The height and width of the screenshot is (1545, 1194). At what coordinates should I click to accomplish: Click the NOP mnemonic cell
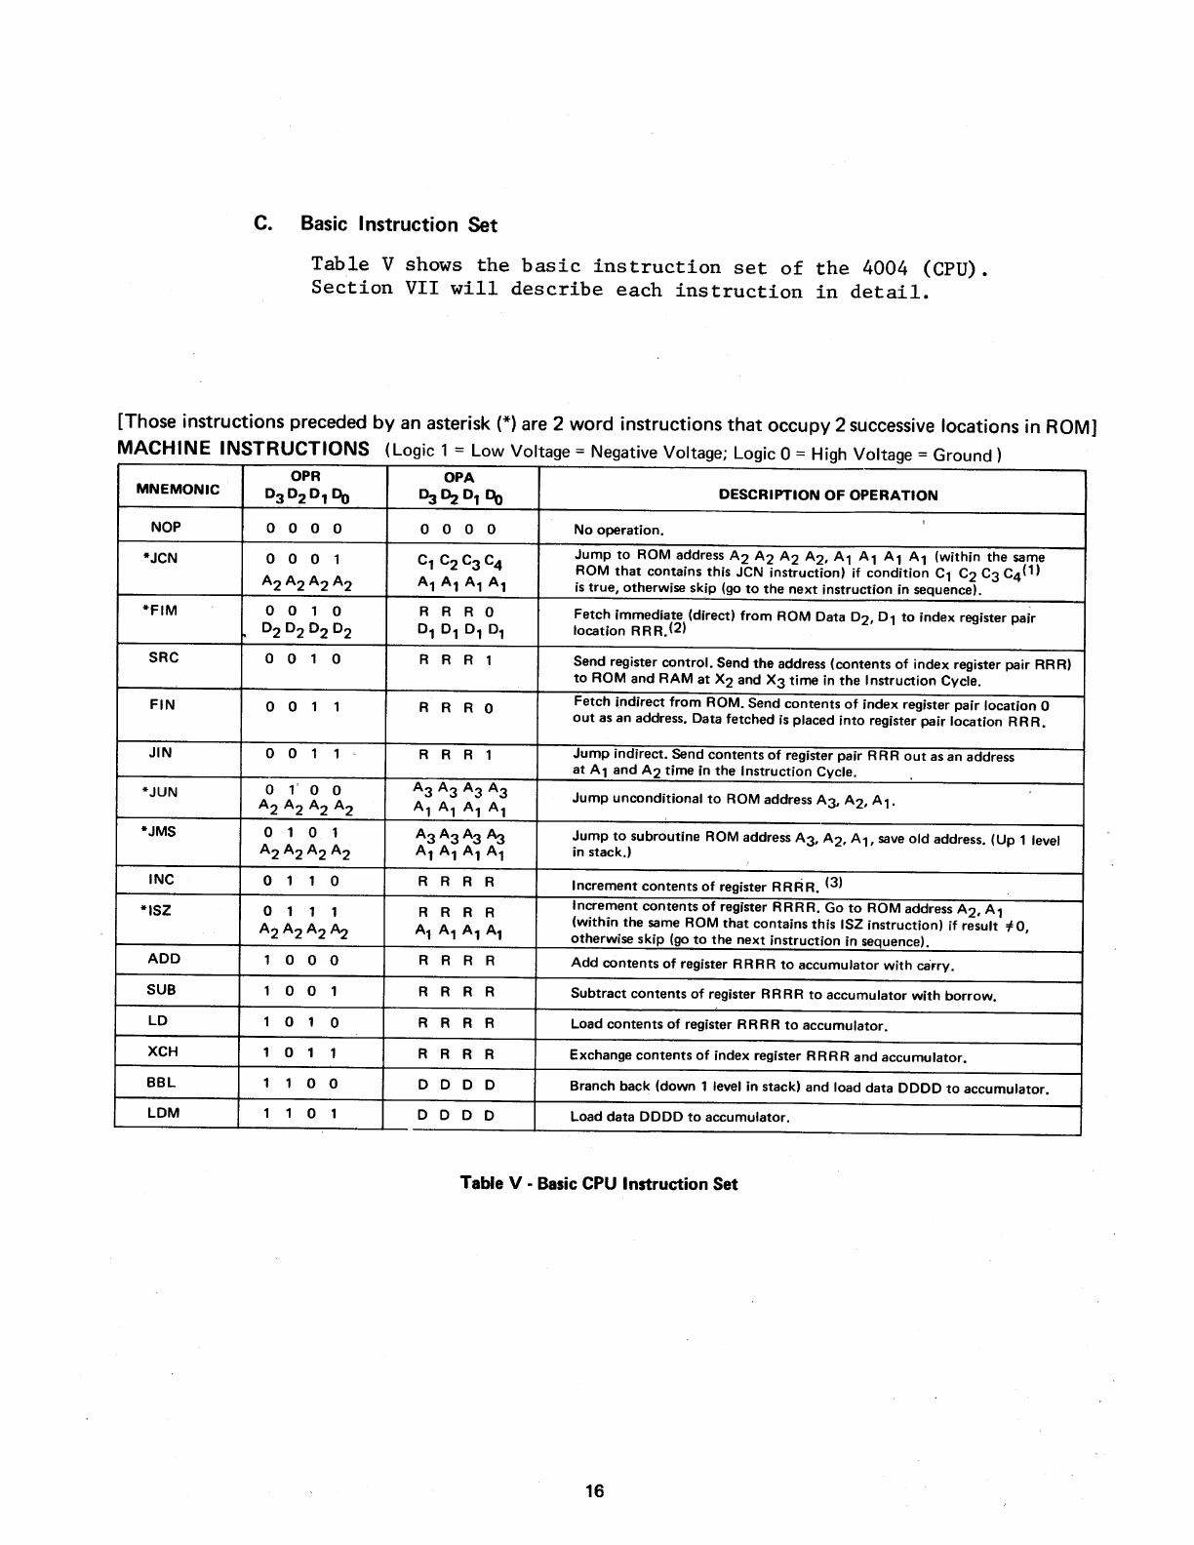[166, 527]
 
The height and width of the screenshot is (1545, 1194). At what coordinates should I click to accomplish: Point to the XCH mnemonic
[162, 1051]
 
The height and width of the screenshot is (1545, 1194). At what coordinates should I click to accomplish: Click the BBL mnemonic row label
[161, 1082]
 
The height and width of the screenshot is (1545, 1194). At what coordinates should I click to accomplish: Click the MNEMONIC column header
[178, 489]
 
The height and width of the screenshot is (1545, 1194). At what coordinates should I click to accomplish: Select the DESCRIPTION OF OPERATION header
[828, 495]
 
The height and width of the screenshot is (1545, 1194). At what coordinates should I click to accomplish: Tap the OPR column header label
[306, 477]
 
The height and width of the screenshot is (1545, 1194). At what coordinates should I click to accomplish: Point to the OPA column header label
[458, 477]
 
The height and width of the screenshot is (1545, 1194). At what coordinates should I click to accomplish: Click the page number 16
[595, 1490]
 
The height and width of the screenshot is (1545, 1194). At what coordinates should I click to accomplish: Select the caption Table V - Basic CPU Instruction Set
[599, 1184]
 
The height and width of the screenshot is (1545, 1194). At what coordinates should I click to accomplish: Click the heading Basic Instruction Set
[398, 224]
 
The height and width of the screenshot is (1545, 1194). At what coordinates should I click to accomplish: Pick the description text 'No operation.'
[618, 531]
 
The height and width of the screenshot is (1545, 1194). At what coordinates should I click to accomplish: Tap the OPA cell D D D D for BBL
[457, 1084]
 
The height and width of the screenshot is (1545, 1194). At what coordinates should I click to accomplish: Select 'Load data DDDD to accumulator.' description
[679, 1117]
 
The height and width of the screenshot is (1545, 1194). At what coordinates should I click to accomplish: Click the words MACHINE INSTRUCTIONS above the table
[243, 449]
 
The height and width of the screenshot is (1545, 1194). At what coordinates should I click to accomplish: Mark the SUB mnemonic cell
[162, 990]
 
